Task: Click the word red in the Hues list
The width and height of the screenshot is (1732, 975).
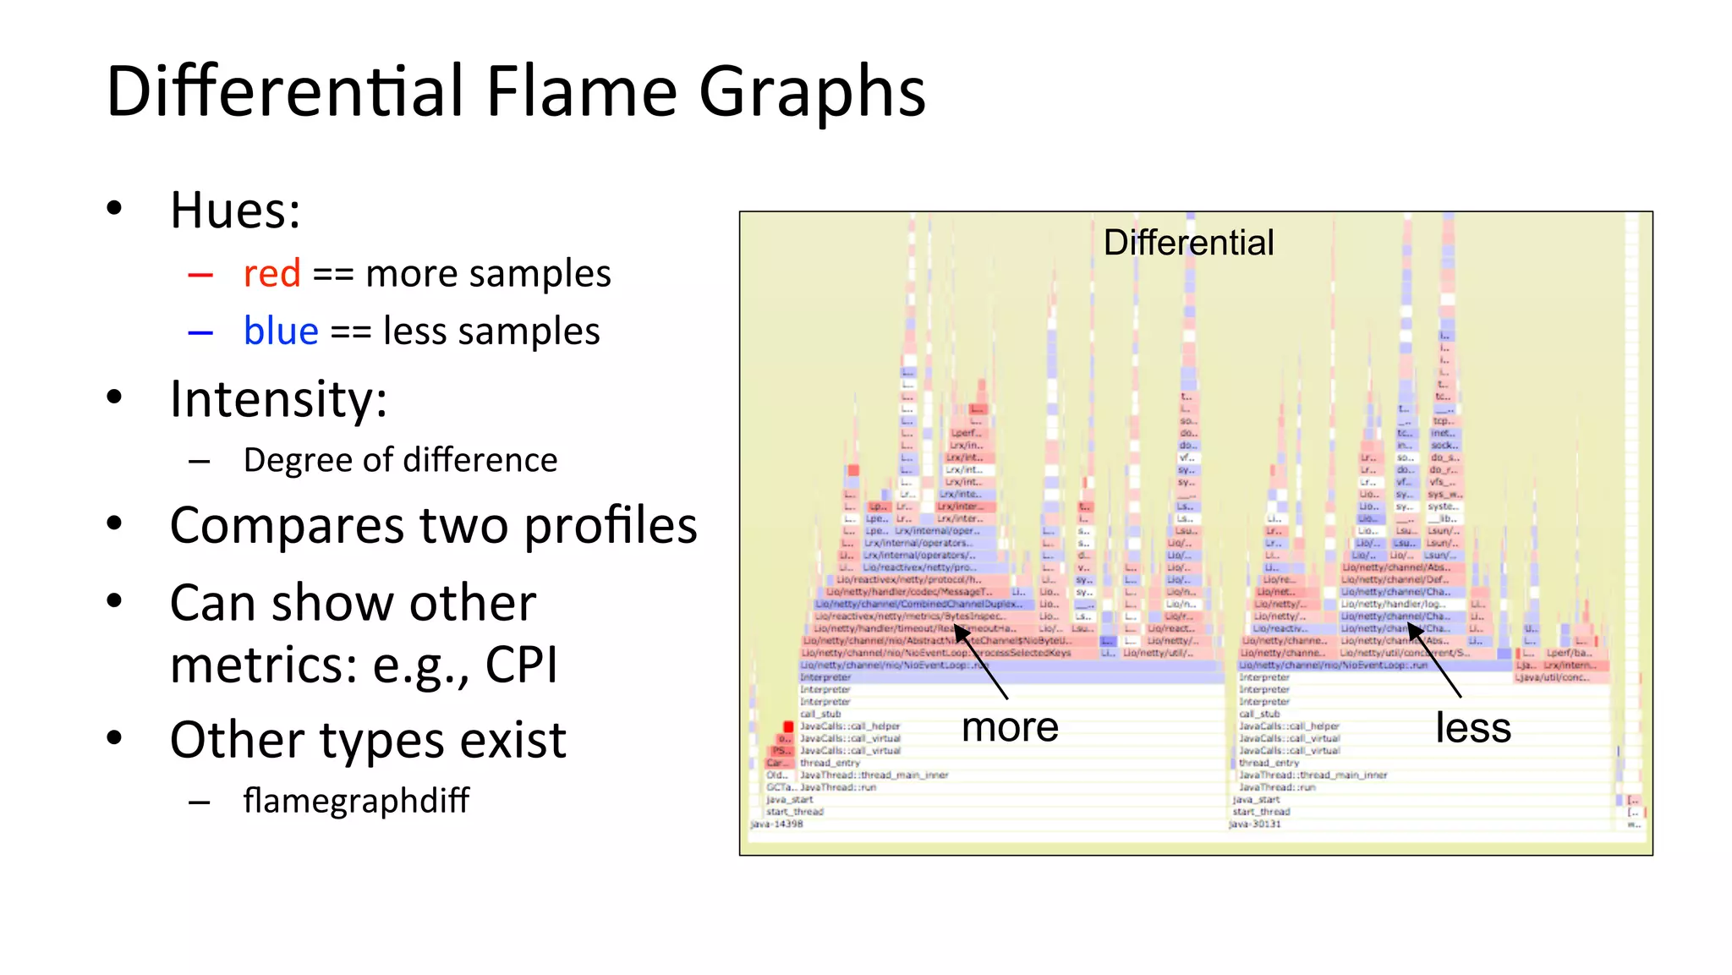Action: pyautogui.click(x=271, y=274)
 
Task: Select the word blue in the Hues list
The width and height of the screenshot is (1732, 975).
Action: pyautogui.click(x=281, y=331)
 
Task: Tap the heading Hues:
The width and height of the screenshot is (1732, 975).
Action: pyautogui.click(x=234, y=210)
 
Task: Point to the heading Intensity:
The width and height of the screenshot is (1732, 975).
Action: pyautogui.click(x=278, y=398)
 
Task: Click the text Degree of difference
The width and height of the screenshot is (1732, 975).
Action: pyautogui.click(x=400, y=460)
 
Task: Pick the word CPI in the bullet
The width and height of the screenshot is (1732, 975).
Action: pyautogui.click(x=521, y=665)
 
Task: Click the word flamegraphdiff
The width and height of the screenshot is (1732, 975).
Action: pyautogui.click(x=356, y=800)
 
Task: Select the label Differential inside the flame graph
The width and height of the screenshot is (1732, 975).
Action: pyautogui.click(x=1187, y=243)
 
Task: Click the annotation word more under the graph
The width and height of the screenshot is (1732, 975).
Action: pyautogui.click(x=1010, y=727)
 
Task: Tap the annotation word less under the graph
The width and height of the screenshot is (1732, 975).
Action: pyautogui.click(x=1472, y=727)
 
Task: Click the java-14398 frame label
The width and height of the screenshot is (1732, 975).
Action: pyautogui.click(x=776, y=824)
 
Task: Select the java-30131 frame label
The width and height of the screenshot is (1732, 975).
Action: pyautogui.click(x=1255, y=824)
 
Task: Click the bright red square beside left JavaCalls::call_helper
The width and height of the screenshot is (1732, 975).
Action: pyautogui.click(x=788, y=726)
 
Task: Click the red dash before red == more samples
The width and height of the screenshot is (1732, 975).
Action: pyautogui.click(x=200, y=275)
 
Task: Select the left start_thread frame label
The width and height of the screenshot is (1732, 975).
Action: pyautogui.click(x=794, y=811)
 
